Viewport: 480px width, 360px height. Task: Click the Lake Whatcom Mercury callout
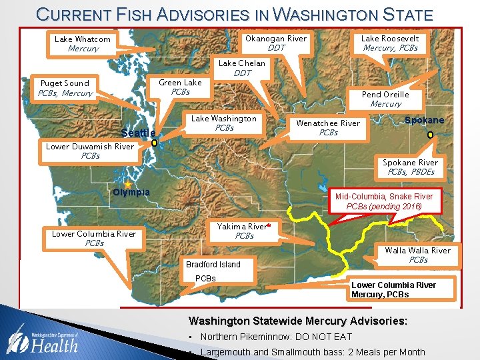83,44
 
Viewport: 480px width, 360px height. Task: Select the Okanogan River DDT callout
276,43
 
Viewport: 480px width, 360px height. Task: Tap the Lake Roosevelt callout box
390,43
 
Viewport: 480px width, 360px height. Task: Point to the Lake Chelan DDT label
242,68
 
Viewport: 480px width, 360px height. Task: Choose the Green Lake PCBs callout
180,87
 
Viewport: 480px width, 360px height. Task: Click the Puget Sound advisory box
65,88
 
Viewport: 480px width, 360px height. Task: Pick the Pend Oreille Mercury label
385,99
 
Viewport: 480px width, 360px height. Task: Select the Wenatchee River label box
328,128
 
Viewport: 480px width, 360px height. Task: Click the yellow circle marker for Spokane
430,135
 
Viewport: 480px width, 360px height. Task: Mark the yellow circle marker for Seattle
154,143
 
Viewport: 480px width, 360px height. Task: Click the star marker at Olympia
128,183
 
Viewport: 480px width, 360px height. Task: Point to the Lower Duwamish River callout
90,151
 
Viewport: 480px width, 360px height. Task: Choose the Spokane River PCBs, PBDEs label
410,167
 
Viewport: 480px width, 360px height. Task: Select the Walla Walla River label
418,255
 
